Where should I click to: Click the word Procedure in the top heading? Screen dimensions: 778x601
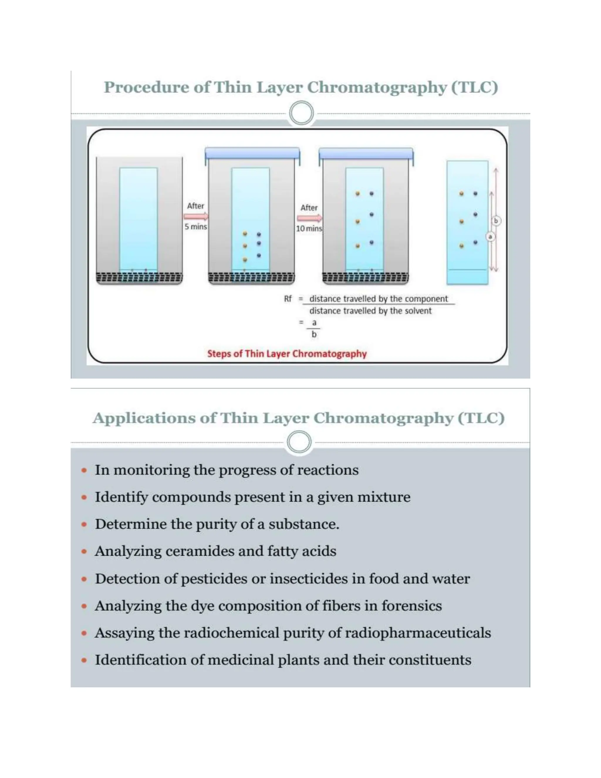(x=146, y=87)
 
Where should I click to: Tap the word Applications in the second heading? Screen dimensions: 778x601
(x=144, y=418)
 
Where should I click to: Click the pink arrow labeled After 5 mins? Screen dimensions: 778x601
(x=196, y=216)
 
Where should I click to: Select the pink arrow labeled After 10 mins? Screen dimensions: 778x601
(x=309, y=218)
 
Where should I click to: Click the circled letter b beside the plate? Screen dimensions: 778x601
(x=496, y=221)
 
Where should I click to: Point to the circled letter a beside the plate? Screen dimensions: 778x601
(x=490, y=237)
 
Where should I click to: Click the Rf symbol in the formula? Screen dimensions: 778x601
(x=288, y=299)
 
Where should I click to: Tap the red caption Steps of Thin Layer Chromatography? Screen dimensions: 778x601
(x=287, y=354)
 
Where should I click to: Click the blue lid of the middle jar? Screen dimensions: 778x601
(x=252, y=153)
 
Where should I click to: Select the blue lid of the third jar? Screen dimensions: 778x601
(x=366, y=153)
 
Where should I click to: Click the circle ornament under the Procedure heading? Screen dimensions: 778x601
(x=301, y=113)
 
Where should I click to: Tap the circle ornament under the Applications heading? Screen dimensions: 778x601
(x=299, y=442)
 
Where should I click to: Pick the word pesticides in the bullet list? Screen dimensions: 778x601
(x=214, y=579)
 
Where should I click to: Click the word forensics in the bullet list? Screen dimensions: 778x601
(x=412, y=606)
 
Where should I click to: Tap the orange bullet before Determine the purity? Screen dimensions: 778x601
(x=84, y=524)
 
